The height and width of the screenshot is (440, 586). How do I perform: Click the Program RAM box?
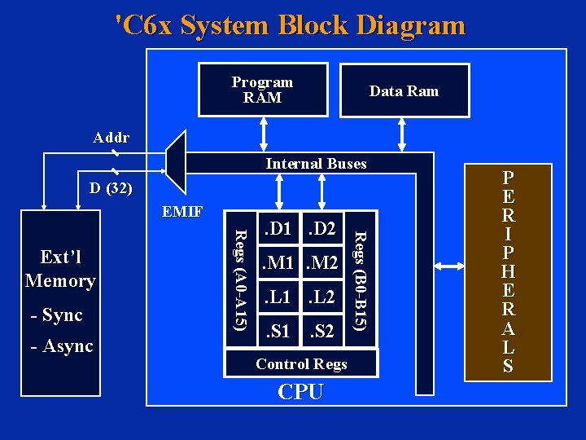tap(262, 90)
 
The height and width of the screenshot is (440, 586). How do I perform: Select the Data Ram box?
tap(404, 90)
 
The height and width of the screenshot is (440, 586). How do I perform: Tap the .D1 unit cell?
tap(279, 230)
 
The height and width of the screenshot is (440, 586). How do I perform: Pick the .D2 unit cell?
tap(322, 230)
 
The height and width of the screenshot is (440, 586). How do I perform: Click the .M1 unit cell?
tap(279, 262)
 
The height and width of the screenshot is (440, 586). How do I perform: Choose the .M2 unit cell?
tap(322, 262)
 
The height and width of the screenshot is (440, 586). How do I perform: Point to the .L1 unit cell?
tap(279, 297)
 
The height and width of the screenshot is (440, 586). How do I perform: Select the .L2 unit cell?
tap(322, 297)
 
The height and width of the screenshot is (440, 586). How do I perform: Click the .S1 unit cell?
tap(279, 332)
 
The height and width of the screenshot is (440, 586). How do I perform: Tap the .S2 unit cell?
tap(322, 332)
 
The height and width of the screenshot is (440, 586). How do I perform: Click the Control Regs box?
tap(301, 364)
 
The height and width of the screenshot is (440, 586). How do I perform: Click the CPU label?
tap(300, 392)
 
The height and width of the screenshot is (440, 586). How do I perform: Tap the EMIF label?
tap(181, 213)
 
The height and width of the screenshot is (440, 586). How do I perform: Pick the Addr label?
tap(111, 138)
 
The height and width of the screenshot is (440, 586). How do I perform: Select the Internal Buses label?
tap(316, 164)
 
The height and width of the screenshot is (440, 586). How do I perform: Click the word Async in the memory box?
tap(68, 346)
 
